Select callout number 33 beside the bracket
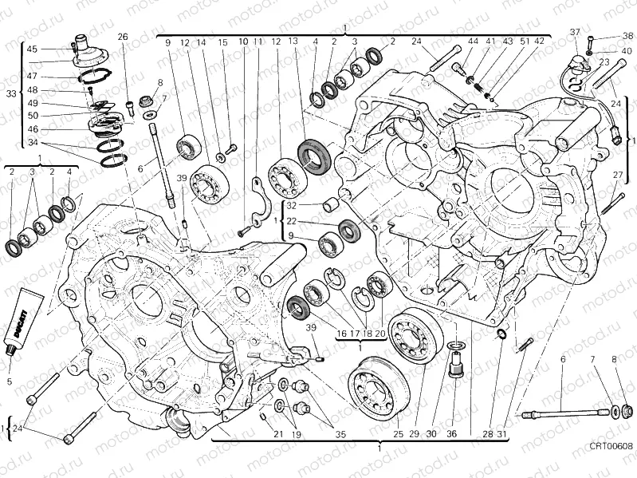click(x=10, y=93)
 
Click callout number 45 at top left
click(x=32, y=49)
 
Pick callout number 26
click(x=123, y=37)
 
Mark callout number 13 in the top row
click(x=293, y=42)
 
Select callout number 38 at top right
click(x=627, y=35)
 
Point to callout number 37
click(x=573, y=32)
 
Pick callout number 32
click(x=292, y=206)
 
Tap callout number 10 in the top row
click(x=243, y=42)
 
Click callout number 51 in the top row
click(x=525, y=41)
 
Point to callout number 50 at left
click(x=32, y=115)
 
